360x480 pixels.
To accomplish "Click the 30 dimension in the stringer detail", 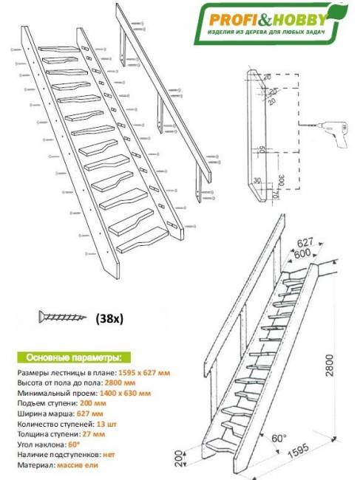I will [x=256, y=180].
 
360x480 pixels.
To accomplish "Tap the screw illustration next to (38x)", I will [x=62, y=318].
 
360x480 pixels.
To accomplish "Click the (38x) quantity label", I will [x=110, y=320].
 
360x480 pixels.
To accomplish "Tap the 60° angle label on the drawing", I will [x=278, y=439].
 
